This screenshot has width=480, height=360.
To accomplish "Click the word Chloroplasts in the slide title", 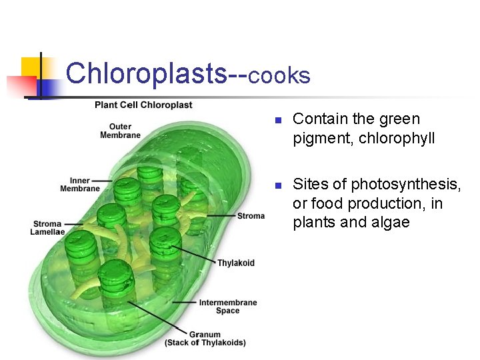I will [147, 73].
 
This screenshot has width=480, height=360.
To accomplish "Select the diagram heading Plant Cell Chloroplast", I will [143, 105].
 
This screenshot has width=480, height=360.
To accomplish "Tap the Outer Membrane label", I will [120, 131].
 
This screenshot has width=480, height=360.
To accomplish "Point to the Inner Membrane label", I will [79, 185].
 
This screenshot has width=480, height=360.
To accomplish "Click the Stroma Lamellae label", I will [47, 228].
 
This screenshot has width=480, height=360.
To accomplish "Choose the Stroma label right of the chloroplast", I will [251, 216].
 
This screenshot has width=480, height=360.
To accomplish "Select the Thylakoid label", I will [235, 263].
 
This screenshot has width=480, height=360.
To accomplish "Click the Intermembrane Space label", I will [227, 307].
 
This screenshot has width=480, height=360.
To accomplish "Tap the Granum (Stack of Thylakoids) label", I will [205, 339].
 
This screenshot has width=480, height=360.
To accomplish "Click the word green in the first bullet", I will [399, 119].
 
